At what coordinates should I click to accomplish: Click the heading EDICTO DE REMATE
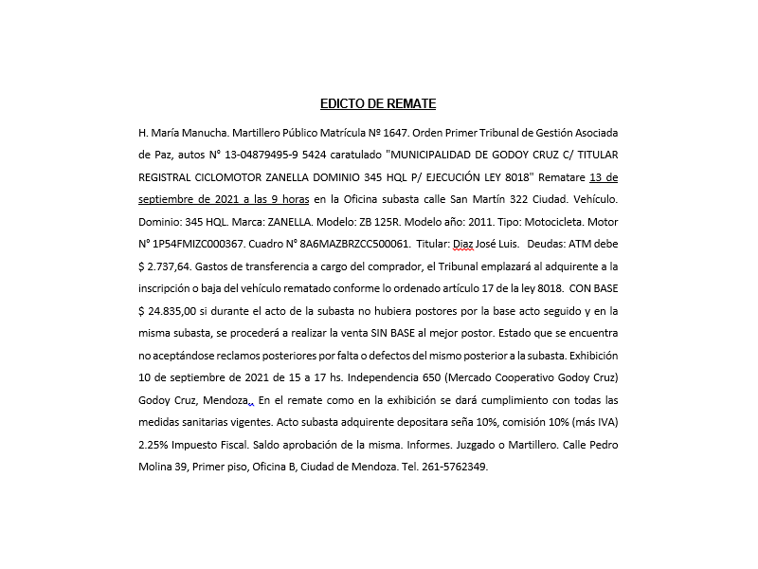[x=378, y=104]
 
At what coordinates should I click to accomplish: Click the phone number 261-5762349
[x=456, y=468]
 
